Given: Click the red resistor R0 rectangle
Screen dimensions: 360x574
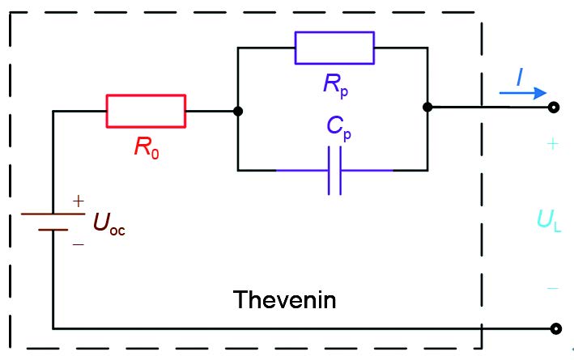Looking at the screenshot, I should pos(146,111).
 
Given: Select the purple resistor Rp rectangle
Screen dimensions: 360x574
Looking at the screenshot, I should pos(334,48).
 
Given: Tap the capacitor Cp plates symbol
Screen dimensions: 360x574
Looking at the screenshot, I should pos(334,171).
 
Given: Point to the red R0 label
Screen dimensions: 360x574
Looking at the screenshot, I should pos(147,148).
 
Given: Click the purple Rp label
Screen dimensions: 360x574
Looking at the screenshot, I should pos(334,85).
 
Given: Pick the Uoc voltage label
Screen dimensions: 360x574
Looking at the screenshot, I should pos(109,222).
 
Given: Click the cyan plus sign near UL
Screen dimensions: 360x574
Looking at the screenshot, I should pos(552,145).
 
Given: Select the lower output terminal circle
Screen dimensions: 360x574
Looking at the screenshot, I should pos(555,328).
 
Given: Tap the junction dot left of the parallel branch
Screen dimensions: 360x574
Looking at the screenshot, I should pos(238,111).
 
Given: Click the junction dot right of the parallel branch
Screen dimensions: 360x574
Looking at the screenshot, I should pos(427,107).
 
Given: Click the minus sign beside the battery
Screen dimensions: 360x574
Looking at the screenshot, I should pos(79,242).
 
